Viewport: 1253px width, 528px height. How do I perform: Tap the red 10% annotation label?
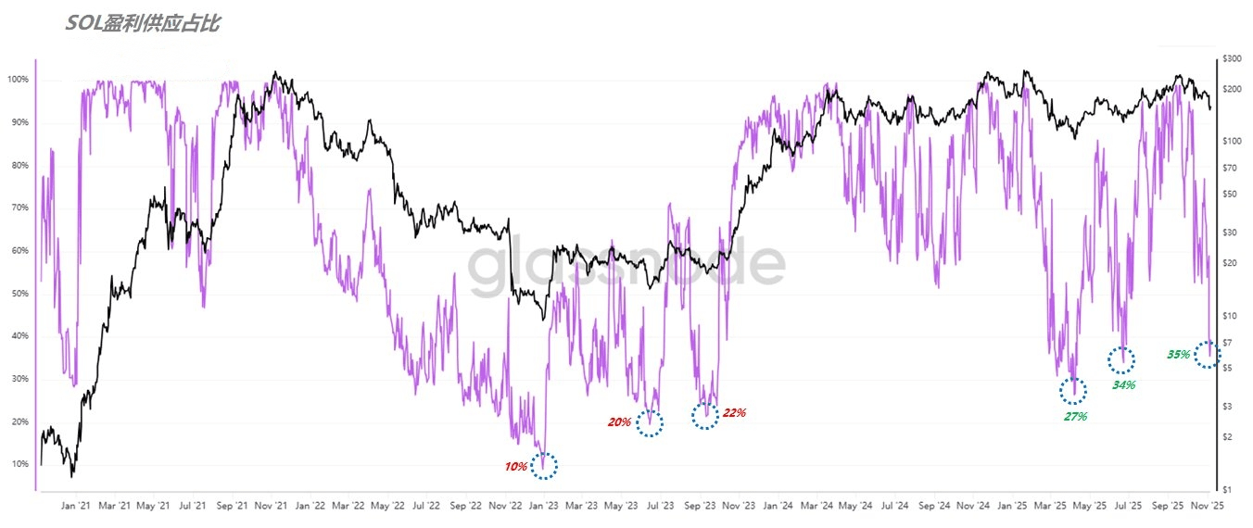[x=515, y=467]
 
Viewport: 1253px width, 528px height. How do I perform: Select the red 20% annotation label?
[x=619, y=422]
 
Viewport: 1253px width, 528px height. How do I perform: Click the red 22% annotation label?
[x=734, y=413]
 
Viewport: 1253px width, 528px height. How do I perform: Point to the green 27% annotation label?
[x=1075, y=417]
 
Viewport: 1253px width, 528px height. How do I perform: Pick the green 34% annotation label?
[x=1123, y=384]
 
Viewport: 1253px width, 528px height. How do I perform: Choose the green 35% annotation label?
[x=1178, y=355]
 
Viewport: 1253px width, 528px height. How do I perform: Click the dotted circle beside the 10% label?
[x=545, y=466]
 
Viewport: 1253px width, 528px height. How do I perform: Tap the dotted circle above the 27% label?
[x=1073, y=391]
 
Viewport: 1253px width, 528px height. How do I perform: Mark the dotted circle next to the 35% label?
[x=1208, y=354]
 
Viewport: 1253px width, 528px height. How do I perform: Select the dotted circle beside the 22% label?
[x=705, y=416]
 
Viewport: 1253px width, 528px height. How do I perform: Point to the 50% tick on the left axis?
[x=19, y=294]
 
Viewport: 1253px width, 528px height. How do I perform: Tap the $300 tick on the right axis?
[x=1232, y=58]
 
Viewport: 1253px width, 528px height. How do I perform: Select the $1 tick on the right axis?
[x=1228, y=489]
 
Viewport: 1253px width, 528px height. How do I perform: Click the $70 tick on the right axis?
[x=1231, y=168]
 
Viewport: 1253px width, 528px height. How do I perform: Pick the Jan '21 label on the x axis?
[x=75, y=507]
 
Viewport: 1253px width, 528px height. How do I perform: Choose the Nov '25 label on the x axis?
[x=1207, y=507]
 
